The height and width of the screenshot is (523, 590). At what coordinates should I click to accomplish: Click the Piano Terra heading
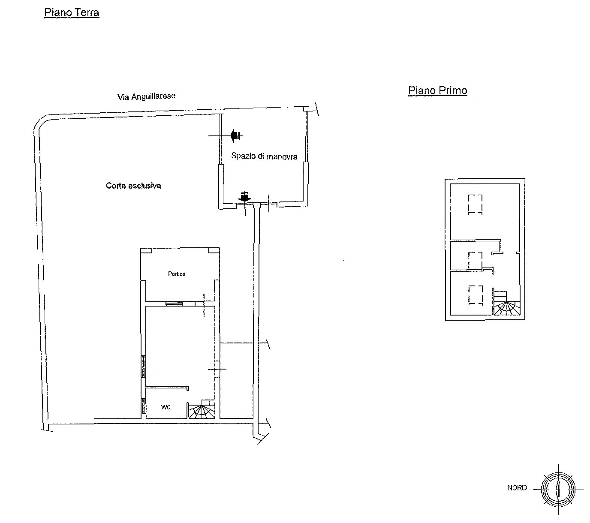pos(72,13)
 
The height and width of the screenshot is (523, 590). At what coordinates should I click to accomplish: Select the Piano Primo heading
pos(437,90)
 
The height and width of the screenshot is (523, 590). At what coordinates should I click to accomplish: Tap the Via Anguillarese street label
pos(147,96)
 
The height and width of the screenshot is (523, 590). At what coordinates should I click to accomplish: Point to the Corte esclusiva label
pos(133,186)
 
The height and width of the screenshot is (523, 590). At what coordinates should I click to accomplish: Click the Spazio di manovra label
pos(264,156)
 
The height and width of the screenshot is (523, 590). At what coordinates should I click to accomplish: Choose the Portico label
pos(177,274)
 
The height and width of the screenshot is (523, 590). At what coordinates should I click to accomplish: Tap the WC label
pos(166,407)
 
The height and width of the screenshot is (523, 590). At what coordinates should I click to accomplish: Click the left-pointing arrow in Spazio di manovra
pos(235,136)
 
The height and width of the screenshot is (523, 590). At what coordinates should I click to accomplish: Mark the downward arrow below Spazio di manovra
pos(245,197)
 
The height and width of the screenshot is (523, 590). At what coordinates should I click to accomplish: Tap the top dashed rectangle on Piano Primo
pos(475,204)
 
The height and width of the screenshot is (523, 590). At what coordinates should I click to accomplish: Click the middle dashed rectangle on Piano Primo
pos(475,260)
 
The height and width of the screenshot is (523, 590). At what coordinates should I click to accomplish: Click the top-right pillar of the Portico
pos(214,251)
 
